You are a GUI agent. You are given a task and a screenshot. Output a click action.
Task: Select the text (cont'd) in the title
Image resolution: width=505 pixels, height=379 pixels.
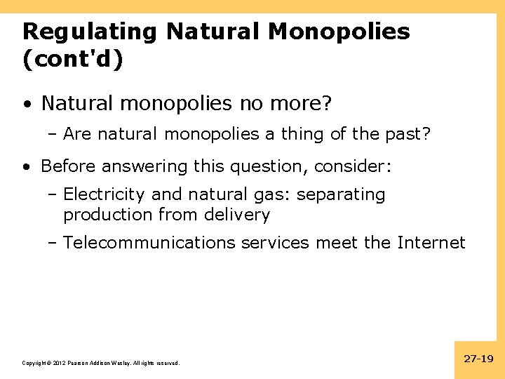coord(72,60)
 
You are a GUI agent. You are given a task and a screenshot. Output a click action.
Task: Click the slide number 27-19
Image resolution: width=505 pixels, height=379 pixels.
coord(479,359)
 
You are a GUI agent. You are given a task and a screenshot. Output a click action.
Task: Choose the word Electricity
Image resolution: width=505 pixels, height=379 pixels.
coord(105,194)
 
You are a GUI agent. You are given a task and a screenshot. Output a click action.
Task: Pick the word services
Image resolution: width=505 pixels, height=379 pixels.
coord(276,243)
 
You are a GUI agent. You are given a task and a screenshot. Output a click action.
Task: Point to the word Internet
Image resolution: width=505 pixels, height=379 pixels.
coord(431,243)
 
